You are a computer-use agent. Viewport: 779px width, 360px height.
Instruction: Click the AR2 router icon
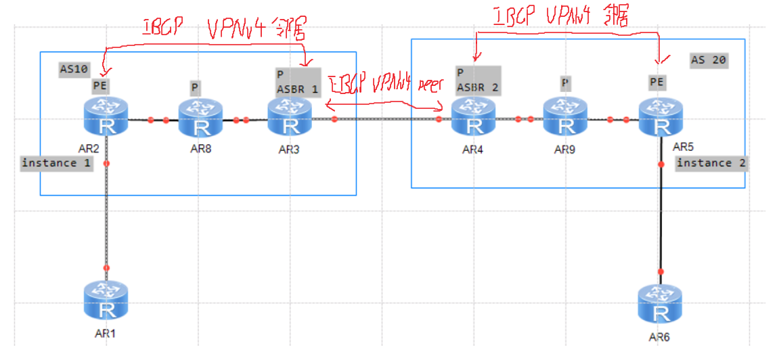tap(106, 116)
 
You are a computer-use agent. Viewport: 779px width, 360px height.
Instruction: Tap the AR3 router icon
tap(290, 116)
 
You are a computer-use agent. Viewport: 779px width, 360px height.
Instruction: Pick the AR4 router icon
tap(472, 116)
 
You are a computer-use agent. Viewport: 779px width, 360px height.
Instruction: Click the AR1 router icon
tap(106, 300)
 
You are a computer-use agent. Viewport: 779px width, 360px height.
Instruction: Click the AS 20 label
tap(708, 60)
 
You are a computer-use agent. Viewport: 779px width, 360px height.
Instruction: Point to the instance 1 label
tap(57, 163)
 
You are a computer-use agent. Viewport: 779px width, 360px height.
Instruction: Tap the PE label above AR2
tap(100, 86)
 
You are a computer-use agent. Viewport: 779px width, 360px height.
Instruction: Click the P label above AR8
tap(195, 88)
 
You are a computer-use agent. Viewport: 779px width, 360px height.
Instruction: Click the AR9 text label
tap(564, 150)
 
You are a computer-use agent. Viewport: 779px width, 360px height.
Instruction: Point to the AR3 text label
tap(289, 150)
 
